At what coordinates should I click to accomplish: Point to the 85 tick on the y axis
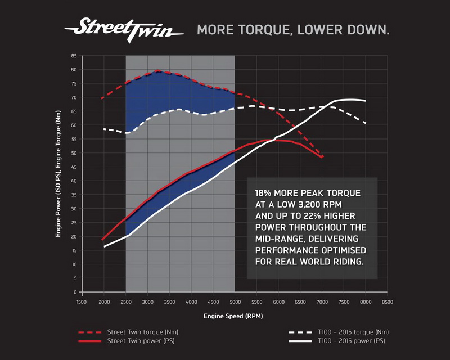73,56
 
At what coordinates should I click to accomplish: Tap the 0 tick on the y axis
75,292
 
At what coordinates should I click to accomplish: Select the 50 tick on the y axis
73,154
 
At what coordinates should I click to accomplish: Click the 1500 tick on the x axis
81,302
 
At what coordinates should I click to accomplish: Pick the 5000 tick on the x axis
235,302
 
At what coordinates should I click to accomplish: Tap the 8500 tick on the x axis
388,302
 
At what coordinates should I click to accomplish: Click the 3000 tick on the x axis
147,302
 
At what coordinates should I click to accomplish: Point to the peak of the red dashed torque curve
158,71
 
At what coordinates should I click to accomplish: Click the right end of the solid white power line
366,101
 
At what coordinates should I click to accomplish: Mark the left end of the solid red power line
102,240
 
